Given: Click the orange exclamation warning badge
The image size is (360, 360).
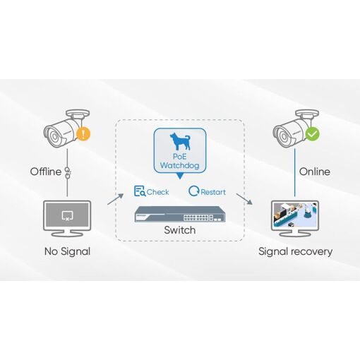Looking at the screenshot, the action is point(83,133).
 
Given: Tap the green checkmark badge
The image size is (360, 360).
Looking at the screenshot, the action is point(312,134).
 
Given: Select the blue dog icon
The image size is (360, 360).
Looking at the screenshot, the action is point(180,141).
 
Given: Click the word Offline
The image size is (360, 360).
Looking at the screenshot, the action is point(46,172).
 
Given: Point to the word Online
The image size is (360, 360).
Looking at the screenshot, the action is point(314,172).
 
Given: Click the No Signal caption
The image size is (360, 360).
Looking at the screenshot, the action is point(67,251).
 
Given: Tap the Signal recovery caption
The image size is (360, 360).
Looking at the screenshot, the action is point(295,251).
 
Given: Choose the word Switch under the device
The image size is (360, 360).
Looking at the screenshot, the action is point(180,230).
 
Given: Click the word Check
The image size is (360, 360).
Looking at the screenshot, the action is point(157,192).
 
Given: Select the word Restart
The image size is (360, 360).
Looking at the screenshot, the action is point(213,192).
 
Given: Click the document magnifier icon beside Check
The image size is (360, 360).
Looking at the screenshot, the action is point(140,191).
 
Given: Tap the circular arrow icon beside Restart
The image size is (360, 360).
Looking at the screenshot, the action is point(194,191).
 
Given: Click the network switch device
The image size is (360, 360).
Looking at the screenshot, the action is point(180,214).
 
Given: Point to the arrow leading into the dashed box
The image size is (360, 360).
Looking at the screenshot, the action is point(115,199).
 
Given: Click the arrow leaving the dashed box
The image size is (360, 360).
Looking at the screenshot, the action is point(244,199).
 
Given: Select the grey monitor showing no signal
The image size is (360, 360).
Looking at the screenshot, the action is point(67,218).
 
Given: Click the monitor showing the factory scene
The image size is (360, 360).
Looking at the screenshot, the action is point(295,218).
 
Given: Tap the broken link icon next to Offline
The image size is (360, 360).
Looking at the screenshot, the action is point(68,173).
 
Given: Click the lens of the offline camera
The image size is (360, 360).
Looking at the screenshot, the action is point(54,137).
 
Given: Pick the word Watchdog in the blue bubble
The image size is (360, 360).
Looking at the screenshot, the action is point(179,165).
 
